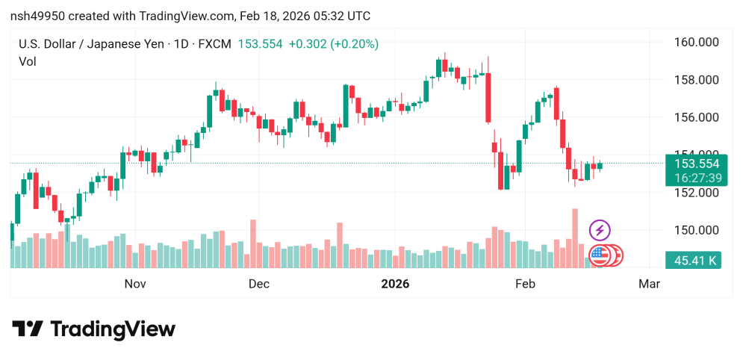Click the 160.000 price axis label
click(x=697, y=42)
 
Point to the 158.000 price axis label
click(x=697, y=80)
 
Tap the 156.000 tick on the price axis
click(x=697, y=117)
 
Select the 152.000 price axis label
click(x=697, y=193)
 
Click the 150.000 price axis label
click(x=697, y=230)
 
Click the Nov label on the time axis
click(x=134, y=284)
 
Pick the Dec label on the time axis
click(x=258, y=284)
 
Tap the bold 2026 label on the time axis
click(x=395, y=284)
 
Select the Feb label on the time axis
click(x=525, y=284)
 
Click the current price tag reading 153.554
click(x=696, y=164)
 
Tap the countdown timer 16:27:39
click(x=696, y=178)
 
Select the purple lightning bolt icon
click(x=600, y=230)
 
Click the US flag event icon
click(x=598, y=255)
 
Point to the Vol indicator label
click(x=27, y=62)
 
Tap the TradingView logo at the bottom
click(x=94, y=329)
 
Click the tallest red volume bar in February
click(x=575, y=238)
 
